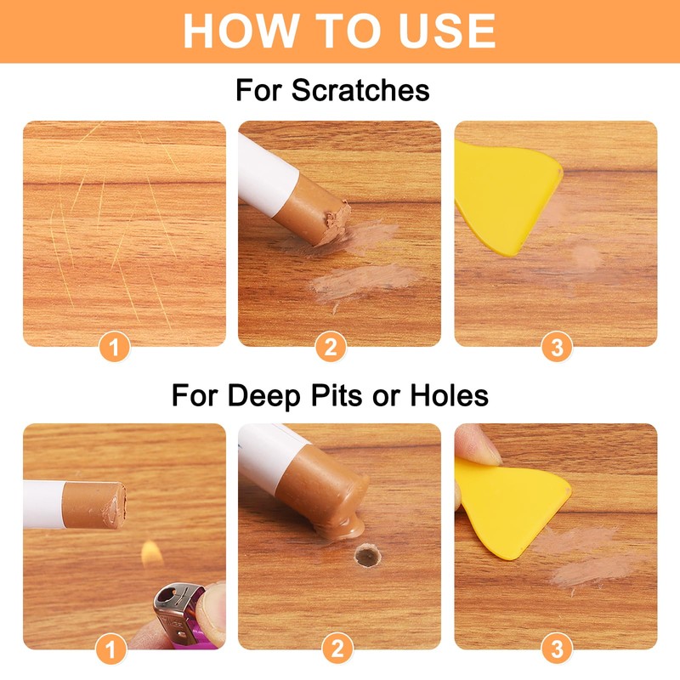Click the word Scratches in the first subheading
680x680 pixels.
(x=360, y=90)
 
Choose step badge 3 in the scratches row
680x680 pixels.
(x=557, y=347)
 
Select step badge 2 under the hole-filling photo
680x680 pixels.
(x=337, y=650)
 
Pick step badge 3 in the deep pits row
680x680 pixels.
(x=557, y=650)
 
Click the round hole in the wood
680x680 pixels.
(x=367, y=557)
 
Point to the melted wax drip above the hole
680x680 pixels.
(x=344, y=527)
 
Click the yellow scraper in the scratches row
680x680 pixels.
(x=501, y=191)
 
